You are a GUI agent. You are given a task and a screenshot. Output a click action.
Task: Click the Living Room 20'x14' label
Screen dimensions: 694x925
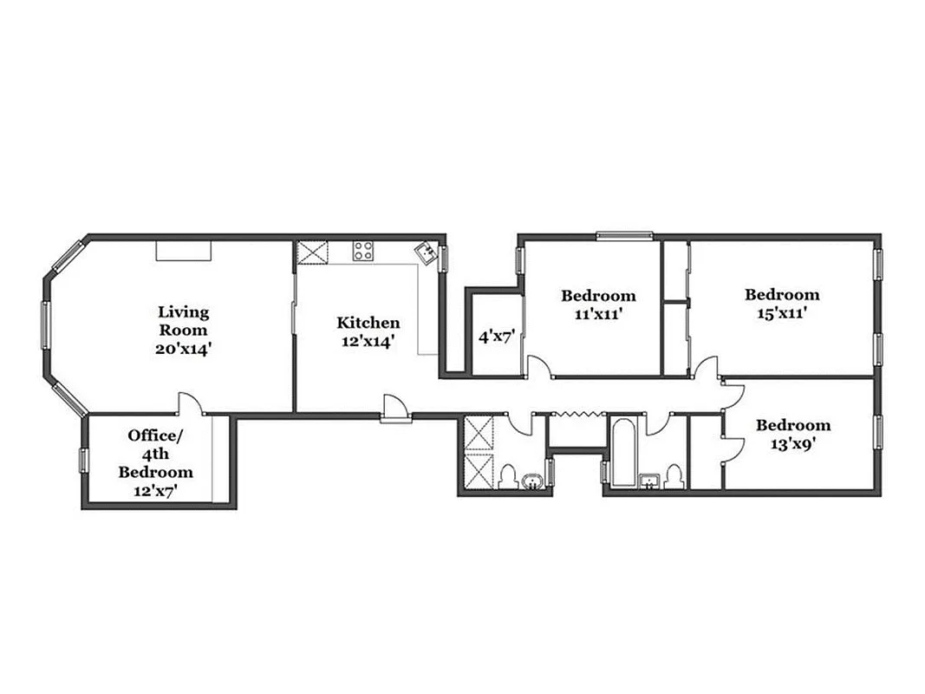click(x=183, y=330)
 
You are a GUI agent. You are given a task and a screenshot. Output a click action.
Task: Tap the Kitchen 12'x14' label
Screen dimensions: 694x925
click(x=368, y=331)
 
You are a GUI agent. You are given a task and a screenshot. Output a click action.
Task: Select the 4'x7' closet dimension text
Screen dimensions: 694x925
click(x=498, y=336)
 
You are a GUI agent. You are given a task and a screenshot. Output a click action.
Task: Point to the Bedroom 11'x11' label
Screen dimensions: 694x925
click(x=597, y=304)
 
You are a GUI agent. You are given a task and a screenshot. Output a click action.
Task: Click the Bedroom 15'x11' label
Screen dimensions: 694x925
click(x=781, y=304)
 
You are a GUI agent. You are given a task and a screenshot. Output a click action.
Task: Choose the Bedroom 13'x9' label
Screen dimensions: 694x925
click(x=792, y=434)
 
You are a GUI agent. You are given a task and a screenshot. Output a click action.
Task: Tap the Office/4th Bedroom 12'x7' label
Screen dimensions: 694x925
click(x=155, y=463)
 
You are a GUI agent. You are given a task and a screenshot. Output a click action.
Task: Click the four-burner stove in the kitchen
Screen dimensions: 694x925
click(x=363, y=252)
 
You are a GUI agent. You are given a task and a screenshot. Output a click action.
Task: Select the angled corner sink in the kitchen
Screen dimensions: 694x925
click(x=426, y=252)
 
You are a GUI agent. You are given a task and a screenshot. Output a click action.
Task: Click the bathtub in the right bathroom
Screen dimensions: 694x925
click(x=622, y=454)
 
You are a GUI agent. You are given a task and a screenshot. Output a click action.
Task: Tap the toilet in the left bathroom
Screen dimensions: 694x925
click(x=509, y=478)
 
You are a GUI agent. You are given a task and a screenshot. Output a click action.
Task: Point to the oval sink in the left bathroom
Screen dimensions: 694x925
click(x=531, y=481)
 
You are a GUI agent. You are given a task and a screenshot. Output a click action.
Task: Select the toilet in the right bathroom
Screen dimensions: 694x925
click(x=673, y=478)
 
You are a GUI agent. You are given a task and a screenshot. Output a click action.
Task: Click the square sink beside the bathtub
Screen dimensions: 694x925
click(x=649, y=481)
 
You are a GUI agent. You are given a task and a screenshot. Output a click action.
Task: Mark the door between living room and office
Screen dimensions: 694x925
click(x=190, y=405)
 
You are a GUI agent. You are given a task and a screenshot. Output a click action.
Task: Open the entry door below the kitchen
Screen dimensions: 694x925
click(x=393, y=409)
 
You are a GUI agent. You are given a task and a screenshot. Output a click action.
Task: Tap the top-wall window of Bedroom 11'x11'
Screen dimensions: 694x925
click(x=624, y=234)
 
